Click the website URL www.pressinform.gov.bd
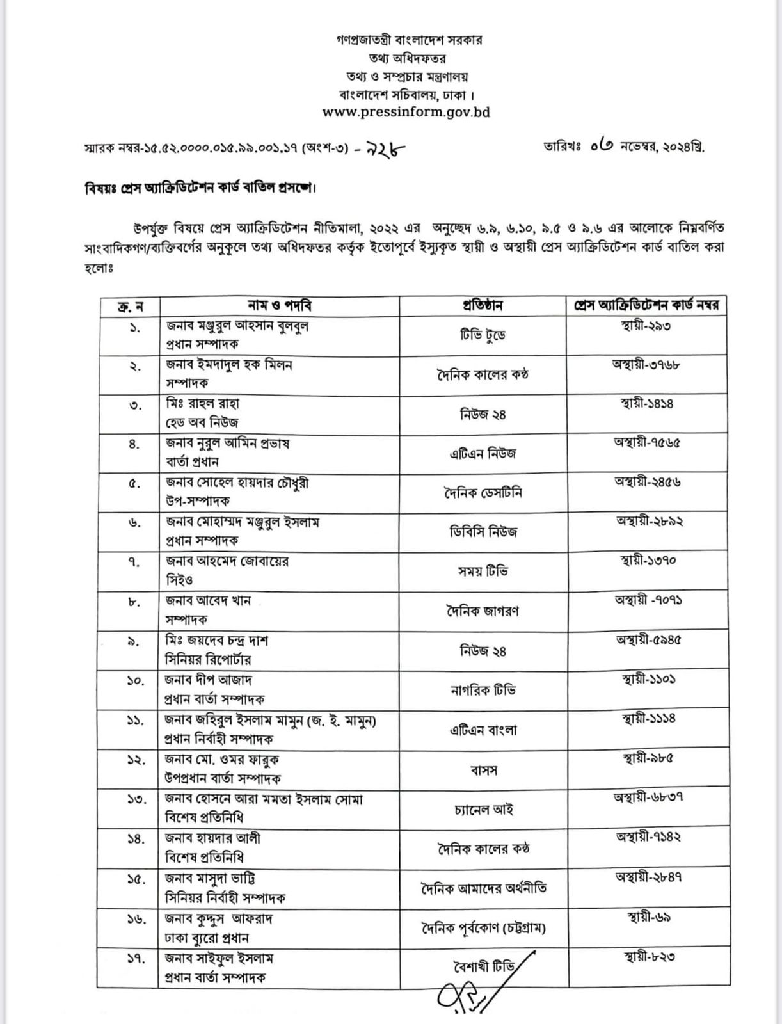[406, 112]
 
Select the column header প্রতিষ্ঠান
[483, 306]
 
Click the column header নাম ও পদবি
[280, 305]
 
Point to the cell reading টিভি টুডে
[483, 335]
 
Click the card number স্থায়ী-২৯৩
[645, 326]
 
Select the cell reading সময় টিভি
[483, 571]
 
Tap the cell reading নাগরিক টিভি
[483, 690]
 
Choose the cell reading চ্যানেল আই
[483, 810]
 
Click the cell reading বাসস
[483, 770]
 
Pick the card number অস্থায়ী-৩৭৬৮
[645, 365]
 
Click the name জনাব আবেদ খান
[207, 601]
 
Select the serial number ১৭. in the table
[134, 958]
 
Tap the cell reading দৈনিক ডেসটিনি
[483, 493]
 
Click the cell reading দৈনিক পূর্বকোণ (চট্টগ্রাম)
[483, 928]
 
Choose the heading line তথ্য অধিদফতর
[406, 58]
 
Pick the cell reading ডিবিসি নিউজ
[483, 532]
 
